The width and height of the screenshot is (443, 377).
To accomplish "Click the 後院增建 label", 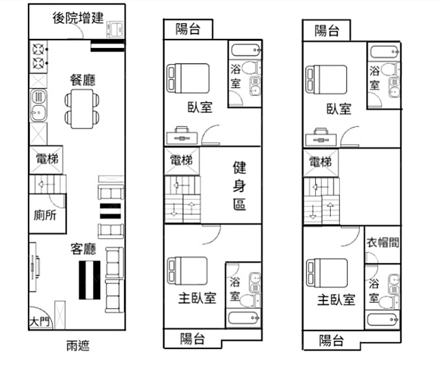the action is coord(78,18).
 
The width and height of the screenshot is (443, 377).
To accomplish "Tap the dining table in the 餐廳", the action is coord(82,109).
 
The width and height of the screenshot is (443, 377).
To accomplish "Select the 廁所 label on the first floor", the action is coord(45,215).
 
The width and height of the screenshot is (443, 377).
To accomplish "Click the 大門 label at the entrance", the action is coord(39,321).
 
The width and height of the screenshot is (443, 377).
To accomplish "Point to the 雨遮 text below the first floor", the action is coord(78,346).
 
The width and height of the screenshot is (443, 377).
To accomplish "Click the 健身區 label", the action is coord(240,186).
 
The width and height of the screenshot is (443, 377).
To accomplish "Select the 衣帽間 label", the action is coord(383,242).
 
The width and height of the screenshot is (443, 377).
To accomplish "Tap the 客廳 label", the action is coord(83,249).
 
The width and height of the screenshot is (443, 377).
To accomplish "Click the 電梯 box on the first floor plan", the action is coord(47,159).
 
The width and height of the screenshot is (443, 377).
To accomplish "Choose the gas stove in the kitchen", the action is coord(39,57).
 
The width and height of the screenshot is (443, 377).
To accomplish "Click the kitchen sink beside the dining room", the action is coord(39,106).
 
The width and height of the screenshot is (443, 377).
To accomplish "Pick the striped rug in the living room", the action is coord(89,280).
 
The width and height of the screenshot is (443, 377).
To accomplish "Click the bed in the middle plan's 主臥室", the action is coord(187,271).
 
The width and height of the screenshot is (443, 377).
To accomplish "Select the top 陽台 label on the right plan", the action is coord(327,31).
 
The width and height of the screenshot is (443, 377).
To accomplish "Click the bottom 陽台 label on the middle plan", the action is coord(192,339).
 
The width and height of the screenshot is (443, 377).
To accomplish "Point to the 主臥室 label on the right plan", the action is coord(336,300).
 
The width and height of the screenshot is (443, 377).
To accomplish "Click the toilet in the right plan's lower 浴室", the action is coord(389,302).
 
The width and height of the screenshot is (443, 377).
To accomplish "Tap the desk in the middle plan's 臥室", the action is coord(182,136).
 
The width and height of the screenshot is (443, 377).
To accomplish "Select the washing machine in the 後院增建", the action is coord(115,30).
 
